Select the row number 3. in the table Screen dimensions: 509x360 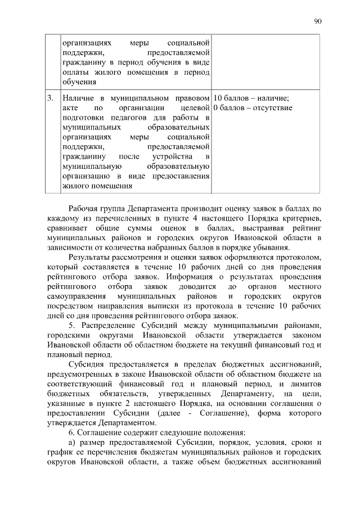51,98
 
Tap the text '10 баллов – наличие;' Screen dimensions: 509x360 251,98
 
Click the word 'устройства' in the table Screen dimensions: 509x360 169,156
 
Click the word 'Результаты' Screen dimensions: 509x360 89,258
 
